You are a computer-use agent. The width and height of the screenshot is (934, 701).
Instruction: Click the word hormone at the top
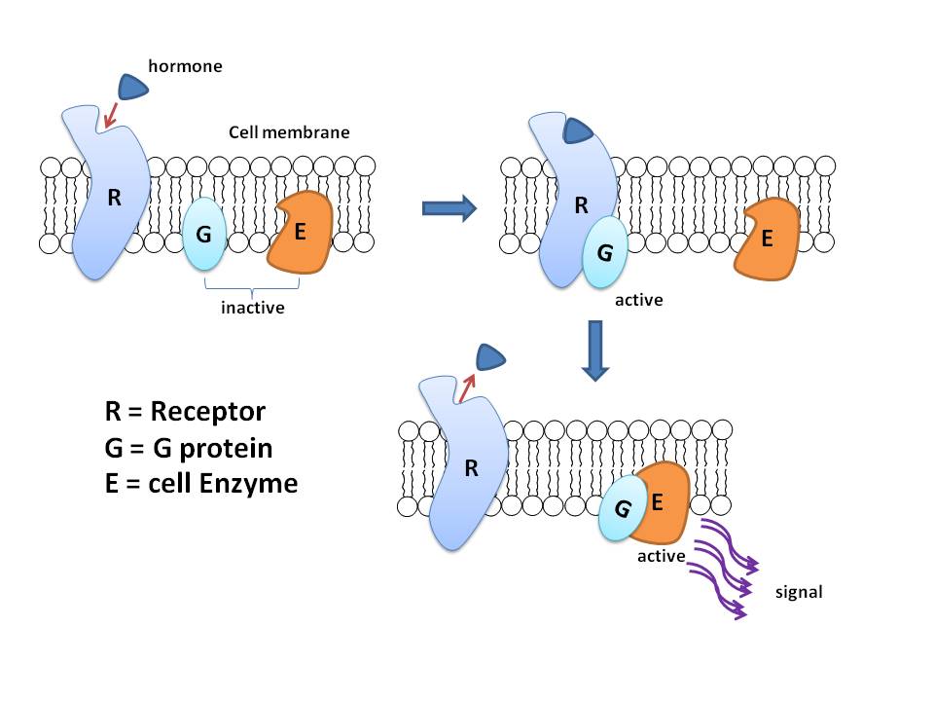coord(185,67)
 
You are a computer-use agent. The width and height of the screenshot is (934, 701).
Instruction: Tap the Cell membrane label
coord(289,132)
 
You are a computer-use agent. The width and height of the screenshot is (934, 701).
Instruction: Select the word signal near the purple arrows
coord(799,590)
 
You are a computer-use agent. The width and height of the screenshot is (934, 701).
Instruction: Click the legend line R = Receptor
coord(185,411)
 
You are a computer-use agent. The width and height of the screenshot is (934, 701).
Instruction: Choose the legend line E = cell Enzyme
coord(200,483)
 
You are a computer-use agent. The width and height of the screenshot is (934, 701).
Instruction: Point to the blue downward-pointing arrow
coord(594,357)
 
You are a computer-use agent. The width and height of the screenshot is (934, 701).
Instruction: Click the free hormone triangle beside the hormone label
coord(134,87)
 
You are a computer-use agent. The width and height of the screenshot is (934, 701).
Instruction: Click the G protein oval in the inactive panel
coord(204,234)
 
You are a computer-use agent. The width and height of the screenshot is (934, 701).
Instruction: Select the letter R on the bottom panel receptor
coord(472,468)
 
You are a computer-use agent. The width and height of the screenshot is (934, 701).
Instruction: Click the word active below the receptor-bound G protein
coord(638,300)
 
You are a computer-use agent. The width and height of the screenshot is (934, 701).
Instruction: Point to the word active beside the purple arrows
coord(662,556)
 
